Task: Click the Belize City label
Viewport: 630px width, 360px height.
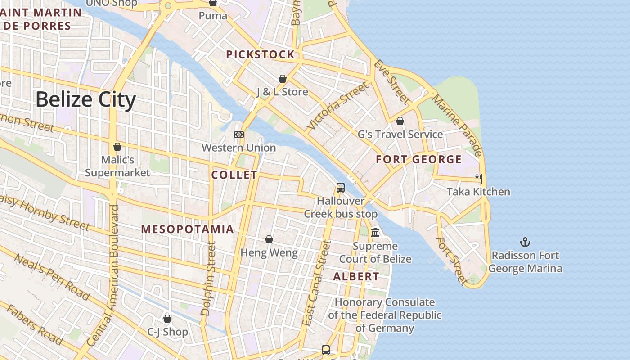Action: point(85,100)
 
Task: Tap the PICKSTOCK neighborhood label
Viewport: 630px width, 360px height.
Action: point(260,55)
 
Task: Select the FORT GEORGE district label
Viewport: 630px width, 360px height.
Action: point(418,160)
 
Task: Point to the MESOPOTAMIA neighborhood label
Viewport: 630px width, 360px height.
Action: point(188,229)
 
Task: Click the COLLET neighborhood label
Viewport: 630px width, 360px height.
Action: point(234,175)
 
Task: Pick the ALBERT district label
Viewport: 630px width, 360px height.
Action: point(356,277)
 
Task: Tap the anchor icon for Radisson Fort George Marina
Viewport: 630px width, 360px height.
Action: point(525,243)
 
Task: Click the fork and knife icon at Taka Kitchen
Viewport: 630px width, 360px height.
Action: point(478,179)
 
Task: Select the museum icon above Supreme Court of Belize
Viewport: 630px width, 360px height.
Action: point(375,233)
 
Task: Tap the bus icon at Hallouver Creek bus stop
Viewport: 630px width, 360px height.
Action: point(341,188)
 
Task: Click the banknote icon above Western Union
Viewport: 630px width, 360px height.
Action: point(239,135)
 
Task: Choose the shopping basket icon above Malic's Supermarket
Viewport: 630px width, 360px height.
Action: point(117,147)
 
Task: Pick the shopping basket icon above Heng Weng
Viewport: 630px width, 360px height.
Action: point(269,239)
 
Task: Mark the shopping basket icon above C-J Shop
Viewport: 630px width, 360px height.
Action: point(167,319)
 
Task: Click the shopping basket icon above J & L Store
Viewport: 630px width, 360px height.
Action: point(283,79)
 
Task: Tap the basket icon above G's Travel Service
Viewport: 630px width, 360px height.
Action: point(400,121)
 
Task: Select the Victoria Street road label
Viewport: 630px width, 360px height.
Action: point(337,107)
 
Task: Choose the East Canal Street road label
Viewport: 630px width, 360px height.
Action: point(317,283)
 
